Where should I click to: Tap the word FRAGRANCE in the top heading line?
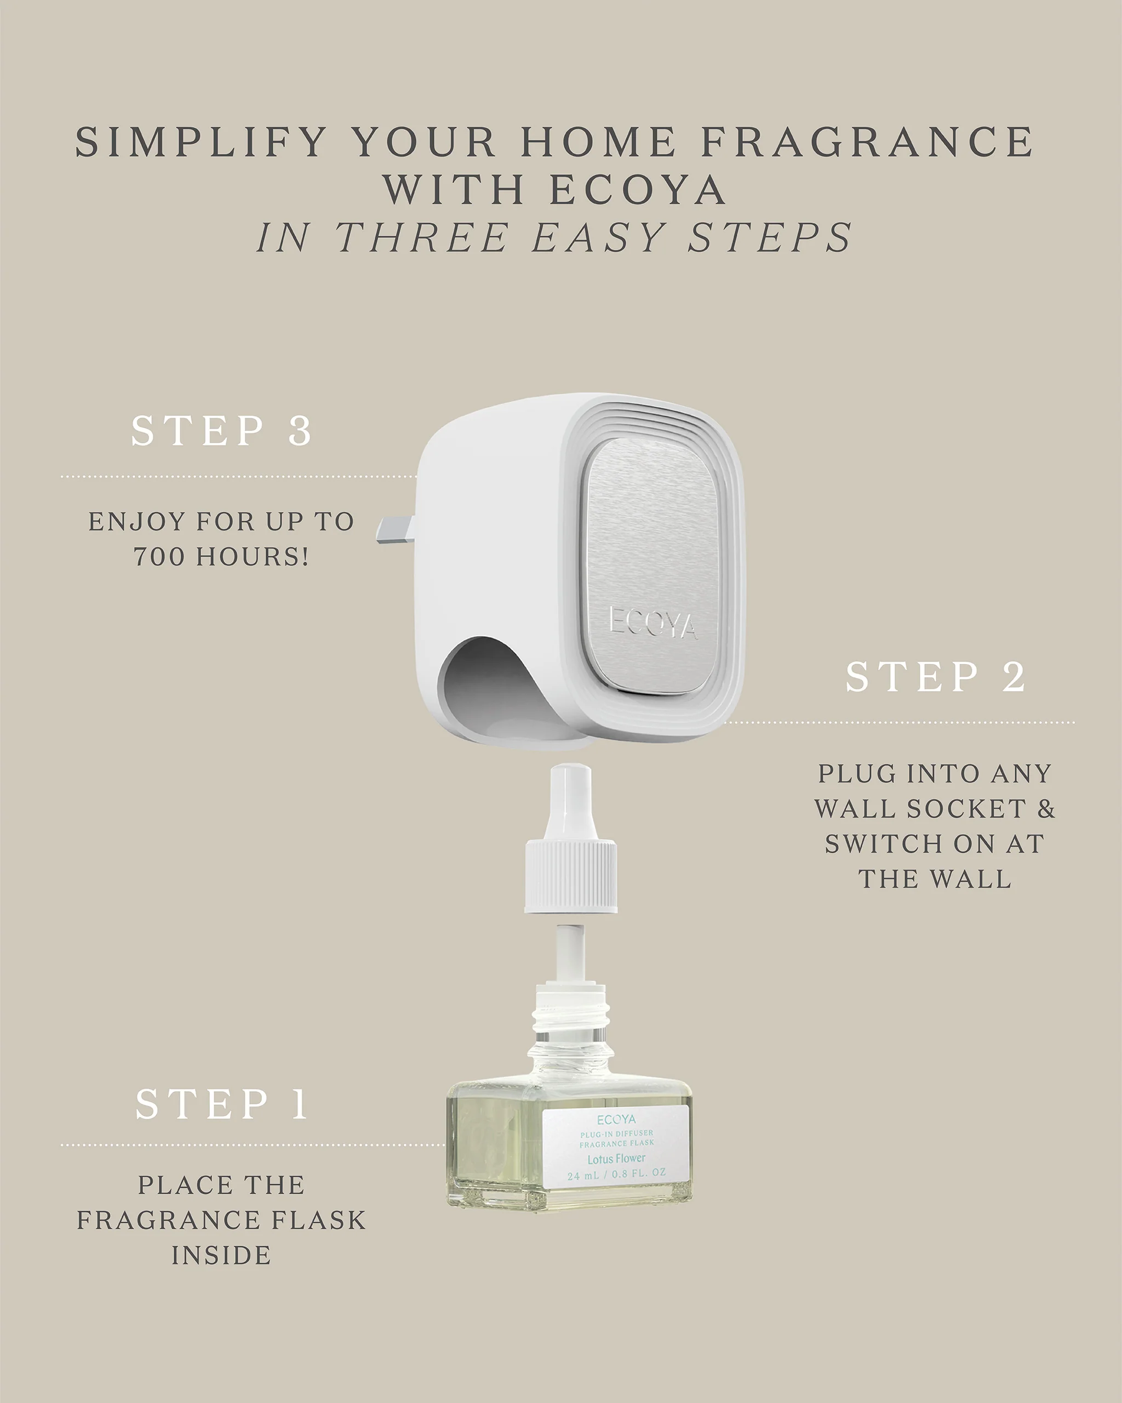tap(867, 142)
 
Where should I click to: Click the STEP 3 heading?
tap(222, 431)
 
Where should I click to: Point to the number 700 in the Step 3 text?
tap(159, 556)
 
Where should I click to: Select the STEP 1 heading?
tap(222, 1104)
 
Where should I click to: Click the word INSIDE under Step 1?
tap(222, 1255)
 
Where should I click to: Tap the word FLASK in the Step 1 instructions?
tap(318, 1220)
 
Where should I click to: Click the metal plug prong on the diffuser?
tap(395, 528)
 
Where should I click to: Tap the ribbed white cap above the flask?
tap(570, 876)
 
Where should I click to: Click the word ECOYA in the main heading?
tap(638, 190)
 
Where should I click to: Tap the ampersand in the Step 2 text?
tap(1045, 809)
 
